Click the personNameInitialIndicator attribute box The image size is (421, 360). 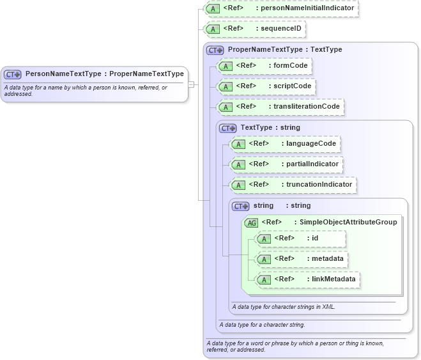(280, 8)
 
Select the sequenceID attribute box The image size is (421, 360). (255, 29)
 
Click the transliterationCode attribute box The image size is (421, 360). (280, 107)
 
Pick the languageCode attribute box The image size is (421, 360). (285, 144)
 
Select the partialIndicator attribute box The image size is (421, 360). (286, 164)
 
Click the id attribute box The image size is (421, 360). (300, 239)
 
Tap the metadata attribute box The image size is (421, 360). (302, 259)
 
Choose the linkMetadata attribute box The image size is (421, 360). (308, 279)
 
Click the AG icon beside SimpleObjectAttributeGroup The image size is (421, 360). (251, 223)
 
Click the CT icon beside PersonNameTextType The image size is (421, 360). (13, 74)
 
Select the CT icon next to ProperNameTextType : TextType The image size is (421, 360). (215, 50)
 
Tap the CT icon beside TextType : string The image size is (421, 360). (227, 128)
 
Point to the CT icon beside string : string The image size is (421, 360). (240, 206)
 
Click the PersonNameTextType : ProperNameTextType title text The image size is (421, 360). (104, 74)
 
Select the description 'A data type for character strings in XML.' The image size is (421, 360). (284, 307)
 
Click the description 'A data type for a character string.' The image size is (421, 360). (262, 325)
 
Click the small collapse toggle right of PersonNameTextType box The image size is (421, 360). (192, 84)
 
